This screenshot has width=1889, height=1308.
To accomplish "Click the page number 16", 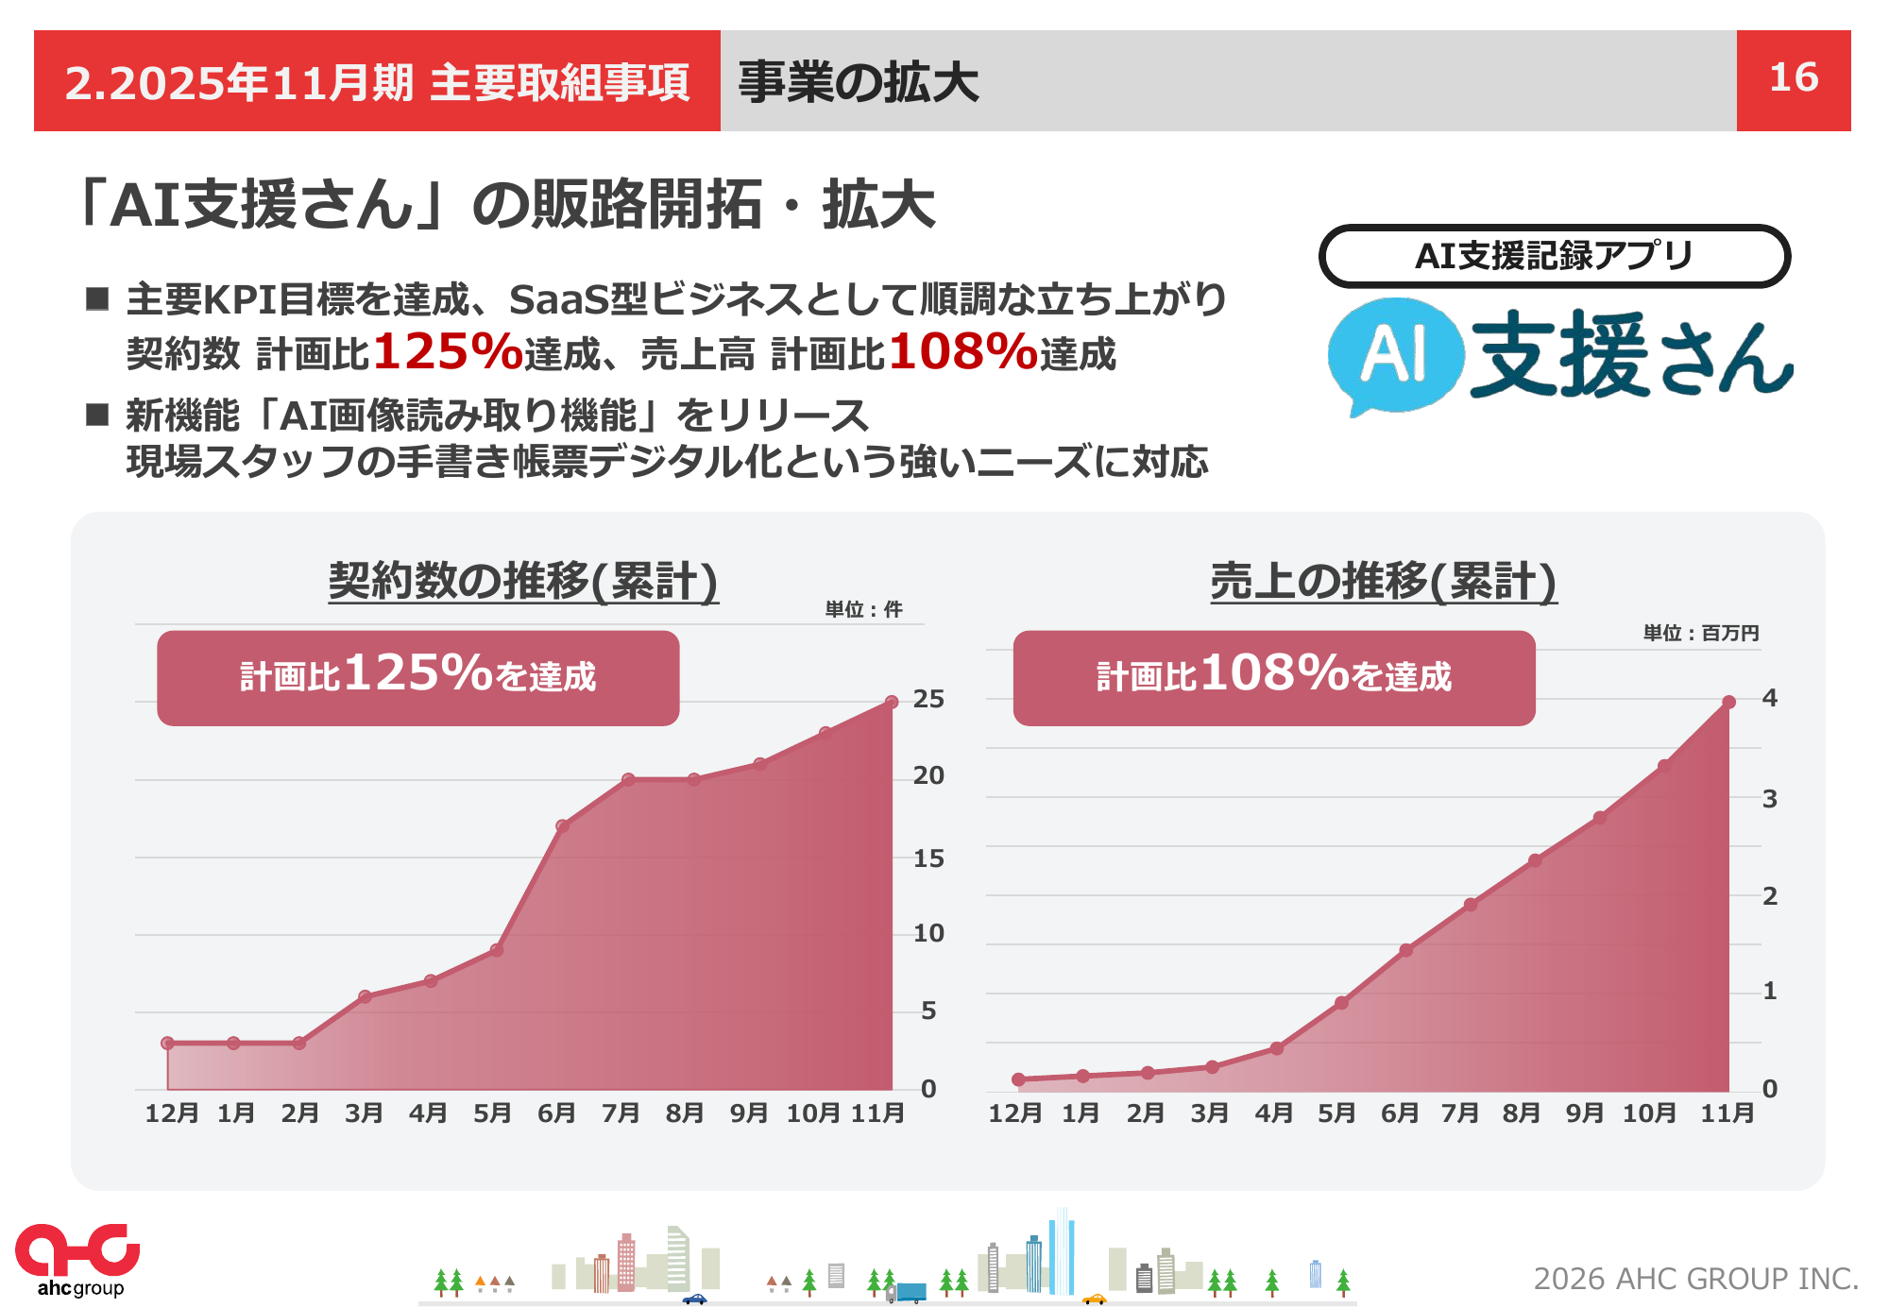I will pos(1793,78).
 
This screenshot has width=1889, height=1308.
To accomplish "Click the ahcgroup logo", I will pos(77,1260).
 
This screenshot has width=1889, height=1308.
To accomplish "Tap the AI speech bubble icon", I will pos(1395,356).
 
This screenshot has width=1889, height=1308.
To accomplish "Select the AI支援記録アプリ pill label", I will pos(1554,256).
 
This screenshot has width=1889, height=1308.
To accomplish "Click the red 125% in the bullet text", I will pos(448,351).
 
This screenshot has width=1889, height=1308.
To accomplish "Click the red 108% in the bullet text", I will pos(962,351).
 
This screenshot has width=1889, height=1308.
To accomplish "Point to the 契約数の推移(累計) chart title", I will pos(523,580).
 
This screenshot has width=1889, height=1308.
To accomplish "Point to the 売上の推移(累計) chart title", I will pos(1383,581).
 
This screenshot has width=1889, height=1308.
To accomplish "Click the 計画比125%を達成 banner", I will pos(417,677).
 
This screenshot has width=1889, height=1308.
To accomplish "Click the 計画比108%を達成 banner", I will pos(1273,677).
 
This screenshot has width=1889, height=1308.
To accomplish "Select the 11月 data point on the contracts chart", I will pos(892,702).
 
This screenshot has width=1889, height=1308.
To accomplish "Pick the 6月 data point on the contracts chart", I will pos(562,825).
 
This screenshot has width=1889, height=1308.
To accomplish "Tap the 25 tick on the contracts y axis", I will pos(928,700).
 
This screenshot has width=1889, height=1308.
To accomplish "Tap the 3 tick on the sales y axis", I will pos(1769,800).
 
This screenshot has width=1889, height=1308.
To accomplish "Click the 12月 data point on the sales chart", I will pos(1018,1079).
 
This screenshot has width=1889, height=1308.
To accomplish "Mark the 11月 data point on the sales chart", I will pos(1728,702).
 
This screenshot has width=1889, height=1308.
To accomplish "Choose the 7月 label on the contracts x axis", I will pos(621,1113).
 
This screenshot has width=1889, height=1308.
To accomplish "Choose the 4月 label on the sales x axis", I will pos(1273,1113).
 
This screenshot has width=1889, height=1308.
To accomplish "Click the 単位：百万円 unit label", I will pos(1700,633).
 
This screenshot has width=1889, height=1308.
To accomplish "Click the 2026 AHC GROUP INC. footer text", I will pos(1695,1279).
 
